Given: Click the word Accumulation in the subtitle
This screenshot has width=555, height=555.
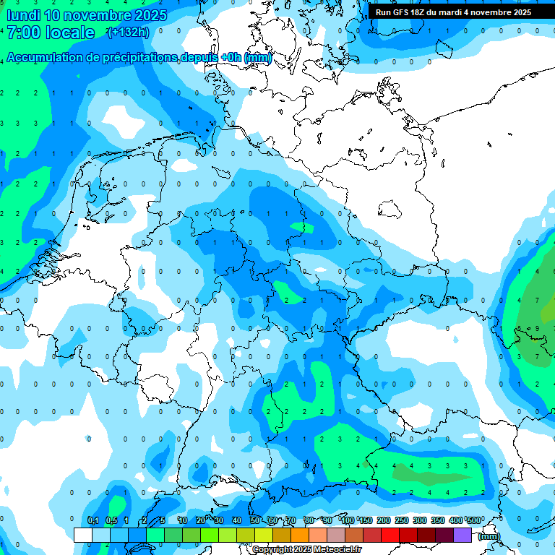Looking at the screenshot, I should (x=45, y=58).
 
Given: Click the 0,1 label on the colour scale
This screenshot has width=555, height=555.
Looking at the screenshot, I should (x=92, y=520).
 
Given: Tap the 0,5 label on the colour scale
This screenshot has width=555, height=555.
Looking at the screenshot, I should (x=111, y=520).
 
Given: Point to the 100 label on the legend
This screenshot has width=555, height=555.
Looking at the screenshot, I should (x=347, y=520).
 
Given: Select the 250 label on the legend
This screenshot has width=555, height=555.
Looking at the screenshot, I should (x=402, y=520).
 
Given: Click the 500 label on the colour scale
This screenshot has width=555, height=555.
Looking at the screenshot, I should (x=474, y=520).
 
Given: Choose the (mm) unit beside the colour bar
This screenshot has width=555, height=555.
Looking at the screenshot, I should (x=489, y=535).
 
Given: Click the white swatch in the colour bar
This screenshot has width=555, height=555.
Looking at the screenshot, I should (x=83, y=535).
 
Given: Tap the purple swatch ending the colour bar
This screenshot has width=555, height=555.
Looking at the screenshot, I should (x=462, y=535).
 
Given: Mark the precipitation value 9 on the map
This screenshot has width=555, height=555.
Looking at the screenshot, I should (x=536, y=328).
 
